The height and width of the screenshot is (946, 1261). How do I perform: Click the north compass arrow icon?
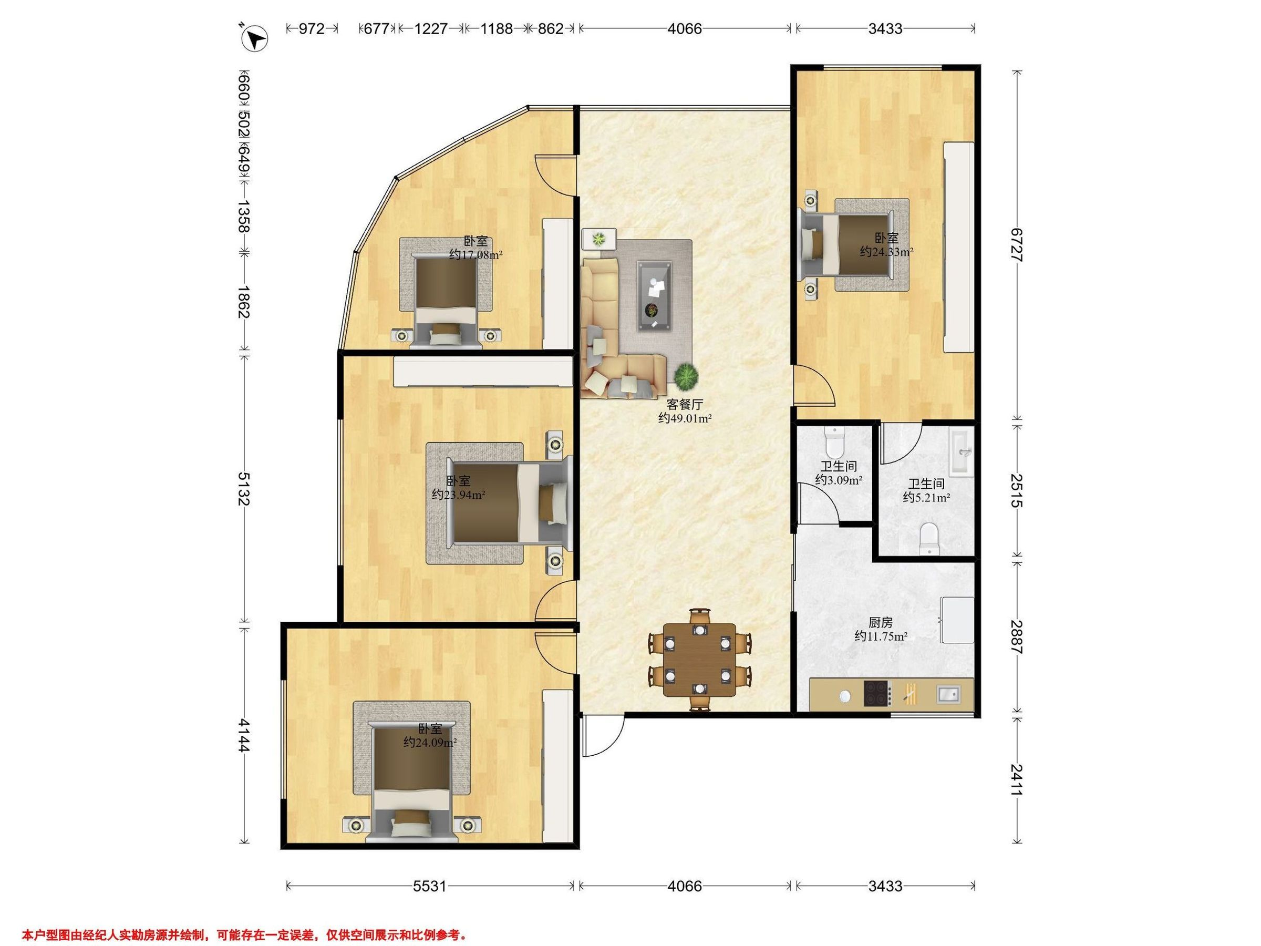pos(254,39)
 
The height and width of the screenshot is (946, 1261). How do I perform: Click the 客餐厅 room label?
pos(685,404)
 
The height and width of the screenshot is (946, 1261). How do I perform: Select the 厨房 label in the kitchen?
pos(881,622)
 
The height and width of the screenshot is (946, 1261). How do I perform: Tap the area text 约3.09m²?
pos(838,480)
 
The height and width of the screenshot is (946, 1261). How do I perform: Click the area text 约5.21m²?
pos(926,497)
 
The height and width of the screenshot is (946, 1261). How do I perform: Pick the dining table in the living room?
pos(699,659)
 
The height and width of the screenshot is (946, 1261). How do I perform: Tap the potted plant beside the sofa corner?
pos(686,376)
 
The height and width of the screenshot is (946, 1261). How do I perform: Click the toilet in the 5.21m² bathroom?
pos(929,538)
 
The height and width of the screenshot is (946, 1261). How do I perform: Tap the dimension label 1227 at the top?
pos(430,28)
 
